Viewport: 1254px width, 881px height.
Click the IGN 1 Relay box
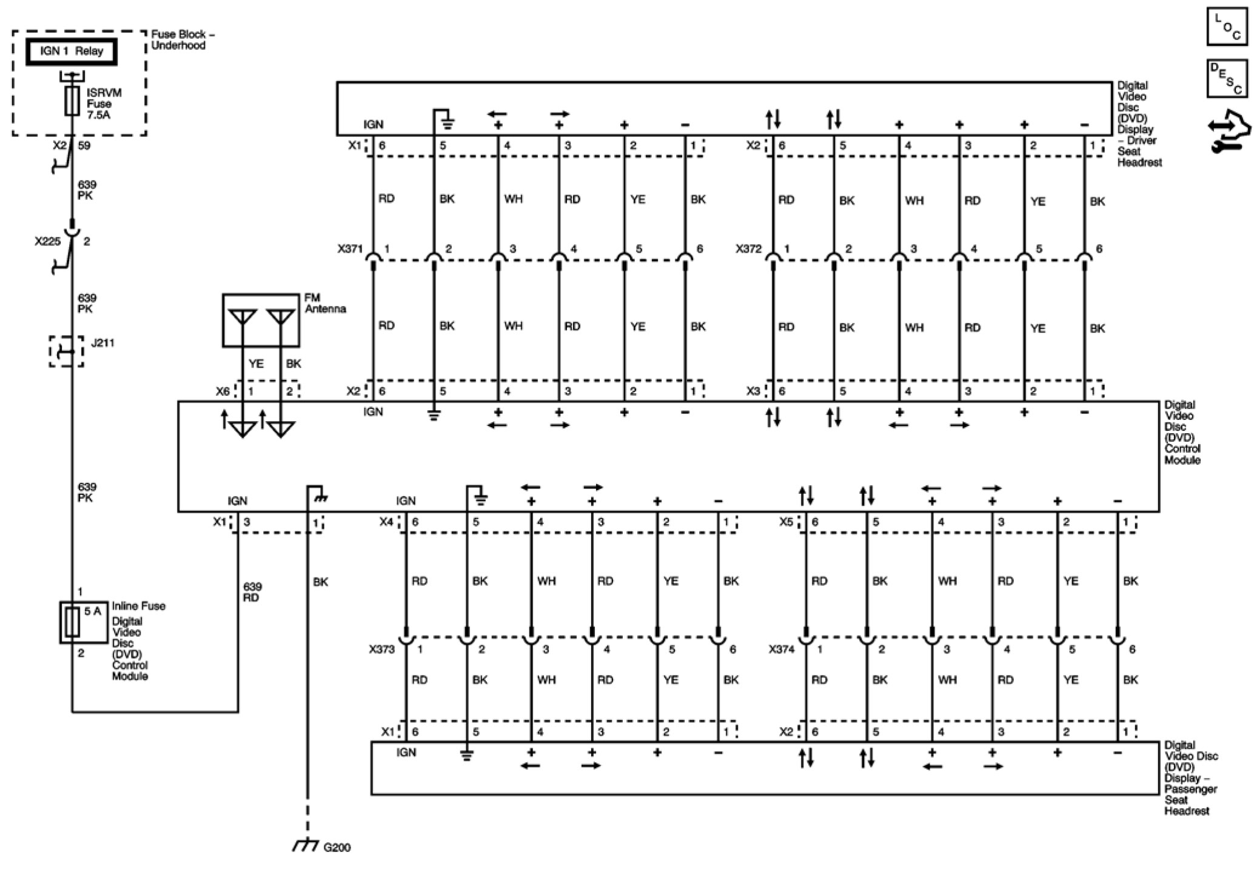71,52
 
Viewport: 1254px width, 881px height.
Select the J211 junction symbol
66,351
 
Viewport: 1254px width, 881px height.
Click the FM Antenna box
260,320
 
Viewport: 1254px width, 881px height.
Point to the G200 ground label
337,847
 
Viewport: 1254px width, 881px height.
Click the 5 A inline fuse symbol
73,622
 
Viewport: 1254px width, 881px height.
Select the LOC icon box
1227,27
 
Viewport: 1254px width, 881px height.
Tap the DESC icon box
1227,78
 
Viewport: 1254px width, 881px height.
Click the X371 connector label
350,248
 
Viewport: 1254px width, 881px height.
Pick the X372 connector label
748,248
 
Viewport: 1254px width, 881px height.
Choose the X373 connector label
381,650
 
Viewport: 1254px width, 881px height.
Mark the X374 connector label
781,650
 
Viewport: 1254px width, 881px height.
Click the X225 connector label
47,241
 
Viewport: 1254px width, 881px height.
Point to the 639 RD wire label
252,592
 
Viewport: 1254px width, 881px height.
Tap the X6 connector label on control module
223,391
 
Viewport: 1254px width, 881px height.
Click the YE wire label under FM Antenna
256,364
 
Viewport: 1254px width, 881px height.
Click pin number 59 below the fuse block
84,145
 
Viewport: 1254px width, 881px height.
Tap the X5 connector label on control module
786,522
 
